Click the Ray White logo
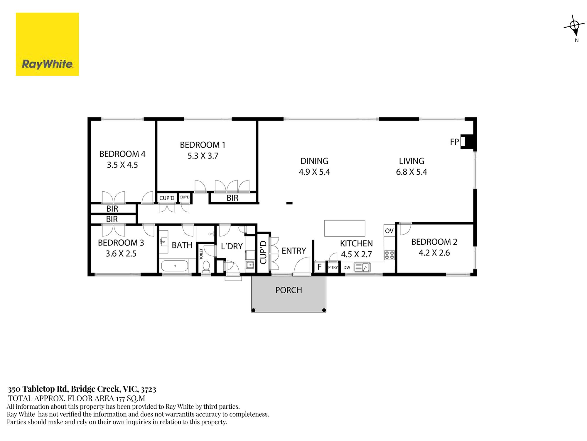click(47, 44)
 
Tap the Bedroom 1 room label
click(203, 145)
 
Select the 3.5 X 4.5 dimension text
click(122, 165)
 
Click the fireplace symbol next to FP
click(468, 142)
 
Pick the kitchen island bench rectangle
click(345, 228)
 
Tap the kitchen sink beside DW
click(362, 268)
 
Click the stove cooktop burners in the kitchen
click(389, 255)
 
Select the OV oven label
click(389, 231)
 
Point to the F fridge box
click(320, 267)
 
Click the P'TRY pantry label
click(333, 267)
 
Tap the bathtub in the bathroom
click(175, 266)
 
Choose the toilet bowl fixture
click(206, 266)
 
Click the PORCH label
click(289, 290)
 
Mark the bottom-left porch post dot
click(254, 310)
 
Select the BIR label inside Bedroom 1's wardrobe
click(232, 198)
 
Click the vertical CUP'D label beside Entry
click(263, 252)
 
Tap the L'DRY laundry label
click(232, 246)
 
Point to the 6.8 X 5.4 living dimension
click(411, 172)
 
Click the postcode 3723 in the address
click(149, 389)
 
